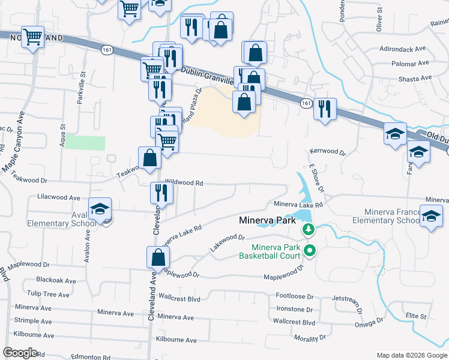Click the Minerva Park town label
click(x=267, y=220)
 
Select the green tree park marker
click(x=309, y=229)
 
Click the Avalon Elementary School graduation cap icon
click(x=100, y=209)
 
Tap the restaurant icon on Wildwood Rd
click(x=161, y=192)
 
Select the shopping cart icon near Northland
click(x=33, y=36)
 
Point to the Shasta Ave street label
click(x=415, y=78)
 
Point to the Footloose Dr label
click(x=295, y=296)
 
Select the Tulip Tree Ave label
click(x=53, y=294)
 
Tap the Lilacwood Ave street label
click(x=58, y=197)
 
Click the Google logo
click(x=20, y=353)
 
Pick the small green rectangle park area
click(x=85, y=143)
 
